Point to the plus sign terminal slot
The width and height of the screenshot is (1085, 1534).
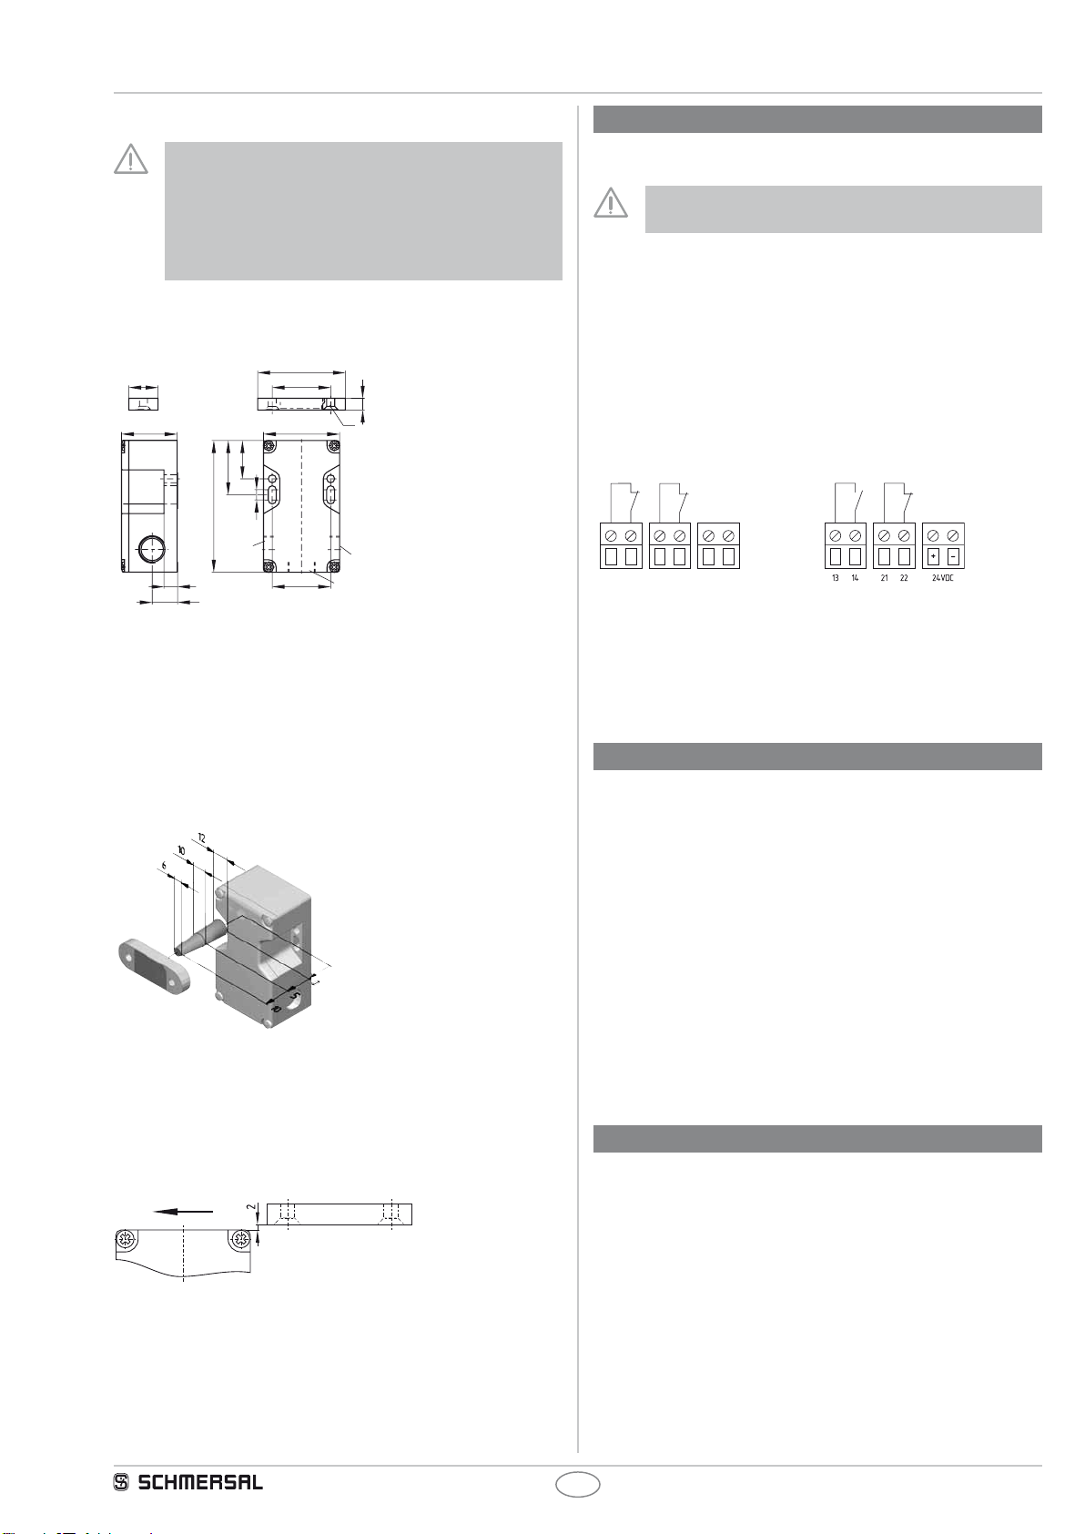point(933,555)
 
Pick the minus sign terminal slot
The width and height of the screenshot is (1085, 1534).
point(952,555)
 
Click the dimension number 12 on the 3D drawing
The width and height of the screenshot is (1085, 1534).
point(201,838)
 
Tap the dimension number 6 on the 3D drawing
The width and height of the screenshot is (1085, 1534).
point(164,866)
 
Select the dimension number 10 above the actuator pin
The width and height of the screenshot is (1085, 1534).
point(181,850)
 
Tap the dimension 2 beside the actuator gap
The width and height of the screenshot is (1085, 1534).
point(251,1207)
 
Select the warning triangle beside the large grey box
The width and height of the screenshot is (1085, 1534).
point(131,158)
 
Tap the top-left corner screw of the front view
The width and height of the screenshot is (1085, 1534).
point(270,445)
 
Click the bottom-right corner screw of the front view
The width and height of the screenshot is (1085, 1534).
point(335,566)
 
